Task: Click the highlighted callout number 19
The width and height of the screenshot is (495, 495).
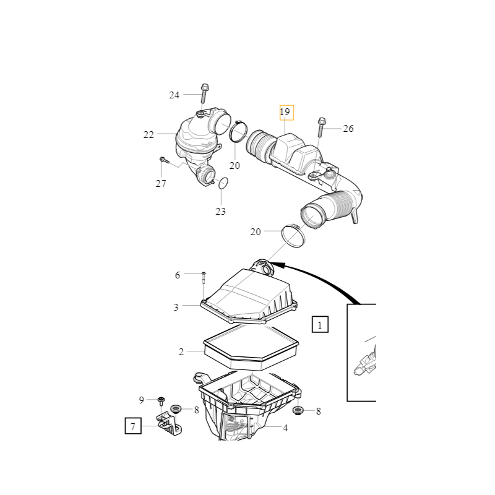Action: point(285,112)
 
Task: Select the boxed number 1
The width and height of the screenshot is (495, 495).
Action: point(320,324)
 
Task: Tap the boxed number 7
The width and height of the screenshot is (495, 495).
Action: point(133,426)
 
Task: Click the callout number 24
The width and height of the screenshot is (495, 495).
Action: point(174,95)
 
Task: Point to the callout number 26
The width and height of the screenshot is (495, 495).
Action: point(348,129)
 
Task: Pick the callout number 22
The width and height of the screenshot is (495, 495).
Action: point(148,135)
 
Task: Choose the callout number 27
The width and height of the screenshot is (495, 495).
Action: point(161,183)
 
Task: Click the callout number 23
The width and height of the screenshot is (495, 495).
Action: point(221,211)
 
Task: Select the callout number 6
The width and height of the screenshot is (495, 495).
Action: point(178,275)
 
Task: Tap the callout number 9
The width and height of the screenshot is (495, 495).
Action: point(142,400)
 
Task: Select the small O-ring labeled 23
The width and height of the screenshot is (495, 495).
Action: point(223,183)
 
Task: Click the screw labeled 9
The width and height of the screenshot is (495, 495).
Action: point(161,401)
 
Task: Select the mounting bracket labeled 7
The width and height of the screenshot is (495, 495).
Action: point(170,424)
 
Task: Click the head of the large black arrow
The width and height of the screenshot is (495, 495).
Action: point(275,264)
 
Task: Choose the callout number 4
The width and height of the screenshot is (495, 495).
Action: point(285,428)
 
